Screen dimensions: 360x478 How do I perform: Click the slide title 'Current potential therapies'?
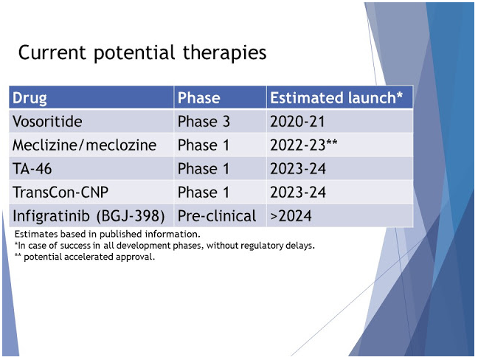(142, 54)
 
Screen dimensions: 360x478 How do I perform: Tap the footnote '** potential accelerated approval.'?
(85, 256)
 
